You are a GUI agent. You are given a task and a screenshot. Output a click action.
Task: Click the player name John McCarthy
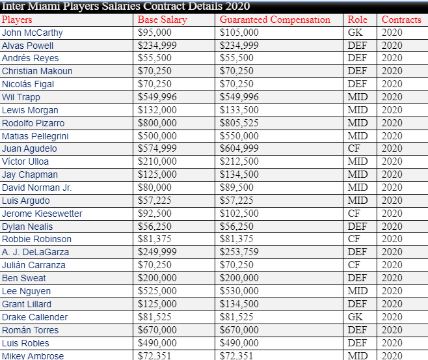(x=33, y=33)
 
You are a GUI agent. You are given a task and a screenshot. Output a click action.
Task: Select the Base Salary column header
(x=162, y=20)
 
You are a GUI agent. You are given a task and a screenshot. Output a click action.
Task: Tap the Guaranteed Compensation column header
(x=280, y=20)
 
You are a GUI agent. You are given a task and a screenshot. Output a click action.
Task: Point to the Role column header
(x=357, y=20)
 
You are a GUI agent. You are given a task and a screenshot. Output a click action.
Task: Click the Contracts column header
(x=401, y=20)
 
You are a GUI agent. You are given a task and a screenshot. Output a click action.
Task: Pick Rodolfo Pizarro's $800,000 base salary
(x=157, y=123)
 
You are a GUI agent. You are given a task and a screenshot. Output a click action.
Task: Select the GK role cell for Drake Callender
(x=355, y=317)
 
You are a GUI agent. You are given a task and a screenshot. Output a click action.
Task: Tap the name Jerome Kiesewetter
(x=42, y=214)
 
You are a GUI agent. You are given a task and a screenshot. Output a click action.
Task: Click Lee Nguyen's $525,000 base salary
(x=157, y=291)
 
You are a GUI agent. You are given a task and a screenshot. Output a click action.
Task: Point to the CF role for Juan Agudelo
(x=354, y=148)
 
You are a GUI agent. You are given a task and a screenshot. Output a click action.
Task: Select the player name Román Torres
(x=30, y=330)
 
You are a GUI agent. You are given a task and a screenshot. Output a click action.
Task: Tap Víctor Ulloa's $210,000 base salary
(x=157, y=161)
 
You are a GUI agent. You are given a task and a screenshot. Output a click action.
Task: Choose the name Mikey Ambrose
(x=33, y=355)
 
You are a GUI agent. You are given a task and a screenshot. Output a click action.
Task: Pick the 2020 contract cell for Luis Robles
(x=392, y=343)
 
